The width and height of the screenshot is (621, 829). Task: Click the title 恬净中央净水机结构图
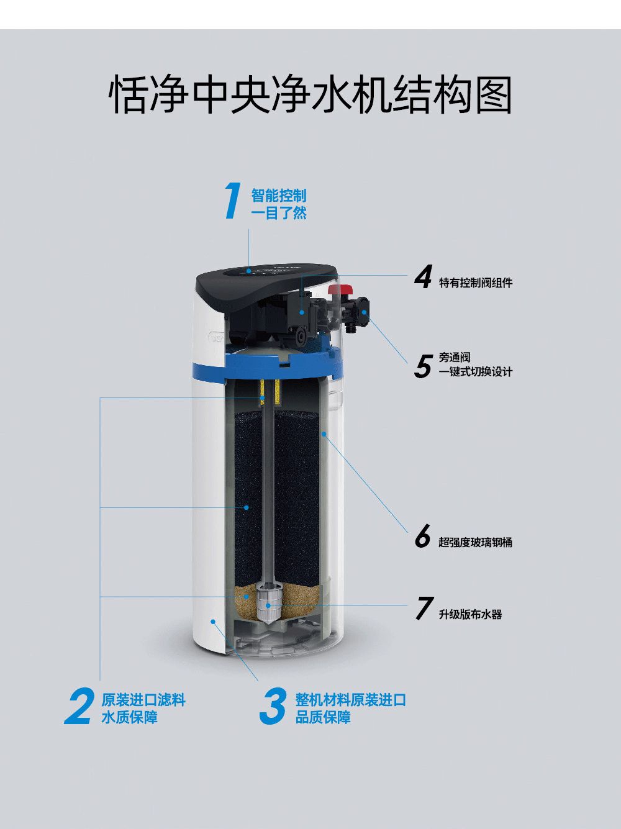pyautogui.click(x=310, y=94)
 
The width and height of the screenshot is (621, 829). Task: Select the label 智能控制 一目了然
pyautogui.click(x=279, y=204)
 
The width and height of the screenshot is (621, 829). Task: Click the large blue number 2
pyautogui.click(x=79, y=706)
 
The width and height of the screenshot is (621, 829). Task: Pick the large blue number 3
pyautogui.click(x=273, y=706)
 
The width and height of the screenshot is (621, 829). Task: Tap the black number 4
pyautogui.click(x=423, y=276)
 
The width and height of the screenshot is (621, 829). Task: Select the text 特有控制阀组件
pyautogui.click(x=476, y=283)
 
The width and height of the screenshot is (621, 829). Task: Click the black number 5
pyautogui.click(x=423, y=366)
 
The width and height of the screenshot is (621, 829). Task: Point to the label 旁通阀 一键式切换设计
pyautogui.click(x=476, y=365)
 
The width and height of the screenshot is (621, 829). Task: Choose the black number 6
pyautogui.click(x=422, y=535)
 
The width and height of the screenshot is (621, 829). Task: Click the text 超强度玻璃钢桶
pyautogui.click(x=476, y=543)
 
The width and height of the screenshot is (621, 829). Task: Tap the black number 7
pyautogui.click(x=424, y=608)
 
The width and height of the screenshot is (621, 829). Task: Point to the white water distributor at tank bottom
pyautogui.click(x=268, y=605)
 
